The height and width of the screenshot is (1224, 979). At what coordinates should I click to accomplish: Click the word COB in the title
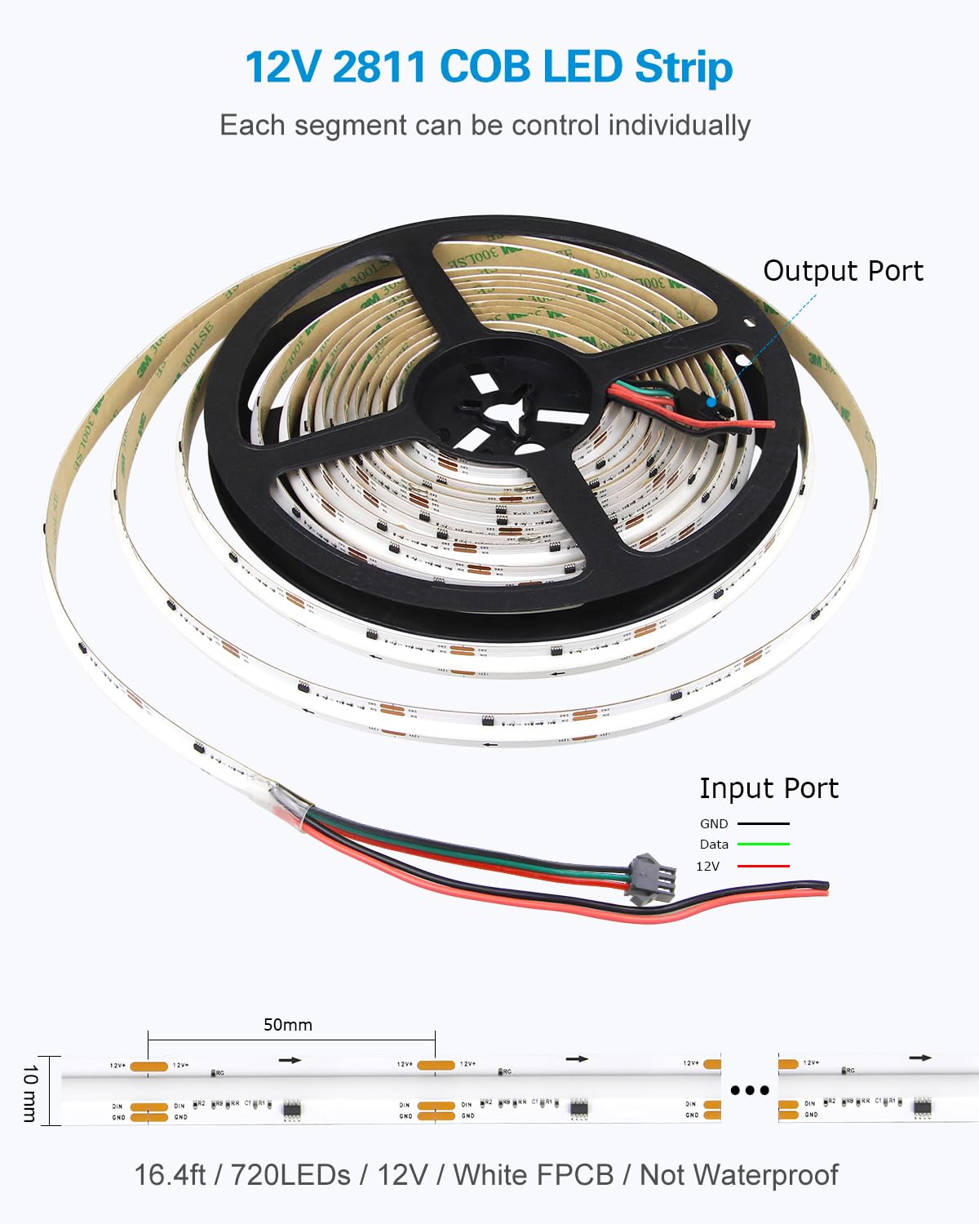pos(485,67)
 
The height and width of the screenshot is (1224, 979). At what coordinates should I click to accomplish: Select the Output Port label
pos(843,271)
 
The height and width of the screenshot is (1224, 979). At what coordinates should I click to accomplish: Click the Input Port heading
pos(769,788)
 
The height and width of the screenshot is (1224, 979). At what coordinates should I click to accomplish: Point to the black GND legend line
pos(764,824)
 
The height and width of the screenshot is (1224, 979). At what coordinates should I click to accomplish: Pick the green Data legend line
pos(764,845)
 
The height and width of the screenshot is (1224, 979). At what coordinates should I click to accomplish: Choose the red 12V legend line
pos(764,866)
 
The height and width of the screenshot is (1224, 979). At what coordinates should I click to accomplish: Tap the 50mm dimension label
pos(288,1025)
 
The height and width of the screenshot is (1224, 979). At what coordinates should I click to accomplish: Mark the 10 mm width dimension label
pos(29,1092)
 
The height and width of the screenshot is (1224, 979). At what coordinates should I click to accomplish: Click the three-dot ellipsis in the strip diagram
pos(750,1090)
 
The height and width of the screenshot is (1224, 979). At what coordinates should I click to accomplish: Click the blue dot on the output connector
pos(711,401)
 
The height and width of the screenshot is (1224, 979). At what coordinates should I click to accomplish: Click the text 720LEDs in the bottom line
pos(290,1175)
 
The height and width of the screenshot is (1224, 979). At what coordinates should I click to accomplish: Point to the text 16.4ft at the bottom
pos(169,1175)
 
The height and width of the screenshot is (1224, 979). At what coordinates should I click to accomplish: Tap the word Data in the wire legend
pos(714,845)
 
